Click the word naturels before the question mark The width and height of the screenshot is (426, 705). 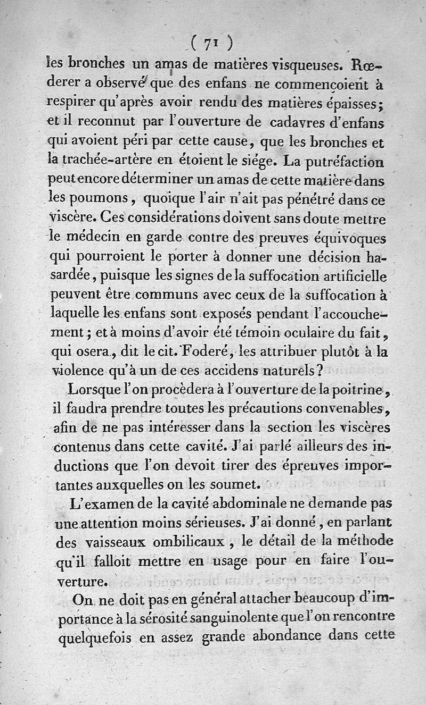click(292, 371)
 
